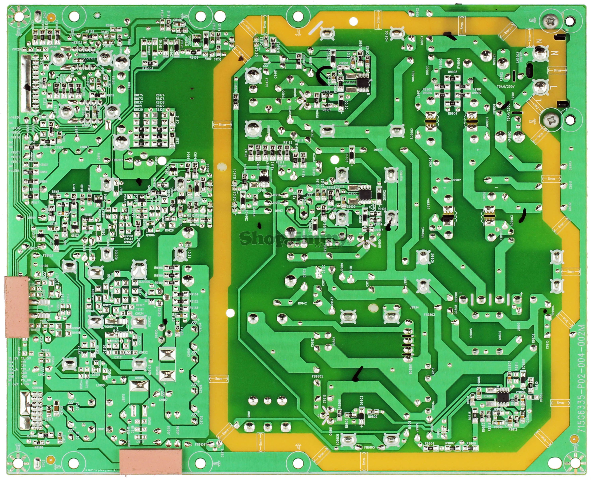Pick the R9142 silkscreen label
pos(302,303)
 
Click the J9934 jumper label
pos(414,307)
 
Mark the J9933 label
pos(378,150)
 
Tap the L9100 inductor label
pos(100,385)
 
